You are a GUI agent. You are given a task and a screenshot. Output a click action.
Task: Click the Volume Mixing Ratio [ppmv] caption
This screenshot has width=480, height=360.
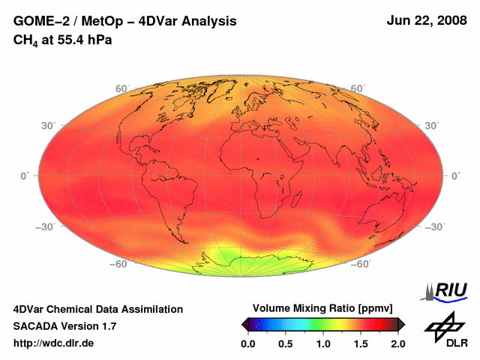[323, 309]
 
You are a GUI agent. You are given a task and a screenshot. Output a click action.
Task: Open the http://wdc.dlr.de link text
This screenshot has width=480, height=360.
[54, 343]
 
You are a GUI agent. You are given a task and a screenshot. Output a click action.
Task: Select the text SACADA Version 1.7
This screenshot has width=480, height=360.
[64, 326]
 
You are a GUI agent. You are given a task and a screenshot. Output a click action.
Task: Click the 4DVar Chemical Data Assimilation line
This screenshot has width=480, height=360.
[97, 309]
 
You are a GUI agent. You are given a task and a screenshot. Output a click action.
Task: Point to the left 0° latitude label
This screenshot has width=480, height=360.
[24, 175]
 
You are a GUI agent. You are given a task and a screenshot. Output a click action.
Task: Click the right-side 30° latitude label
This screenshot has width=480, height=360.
[432, 124]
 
